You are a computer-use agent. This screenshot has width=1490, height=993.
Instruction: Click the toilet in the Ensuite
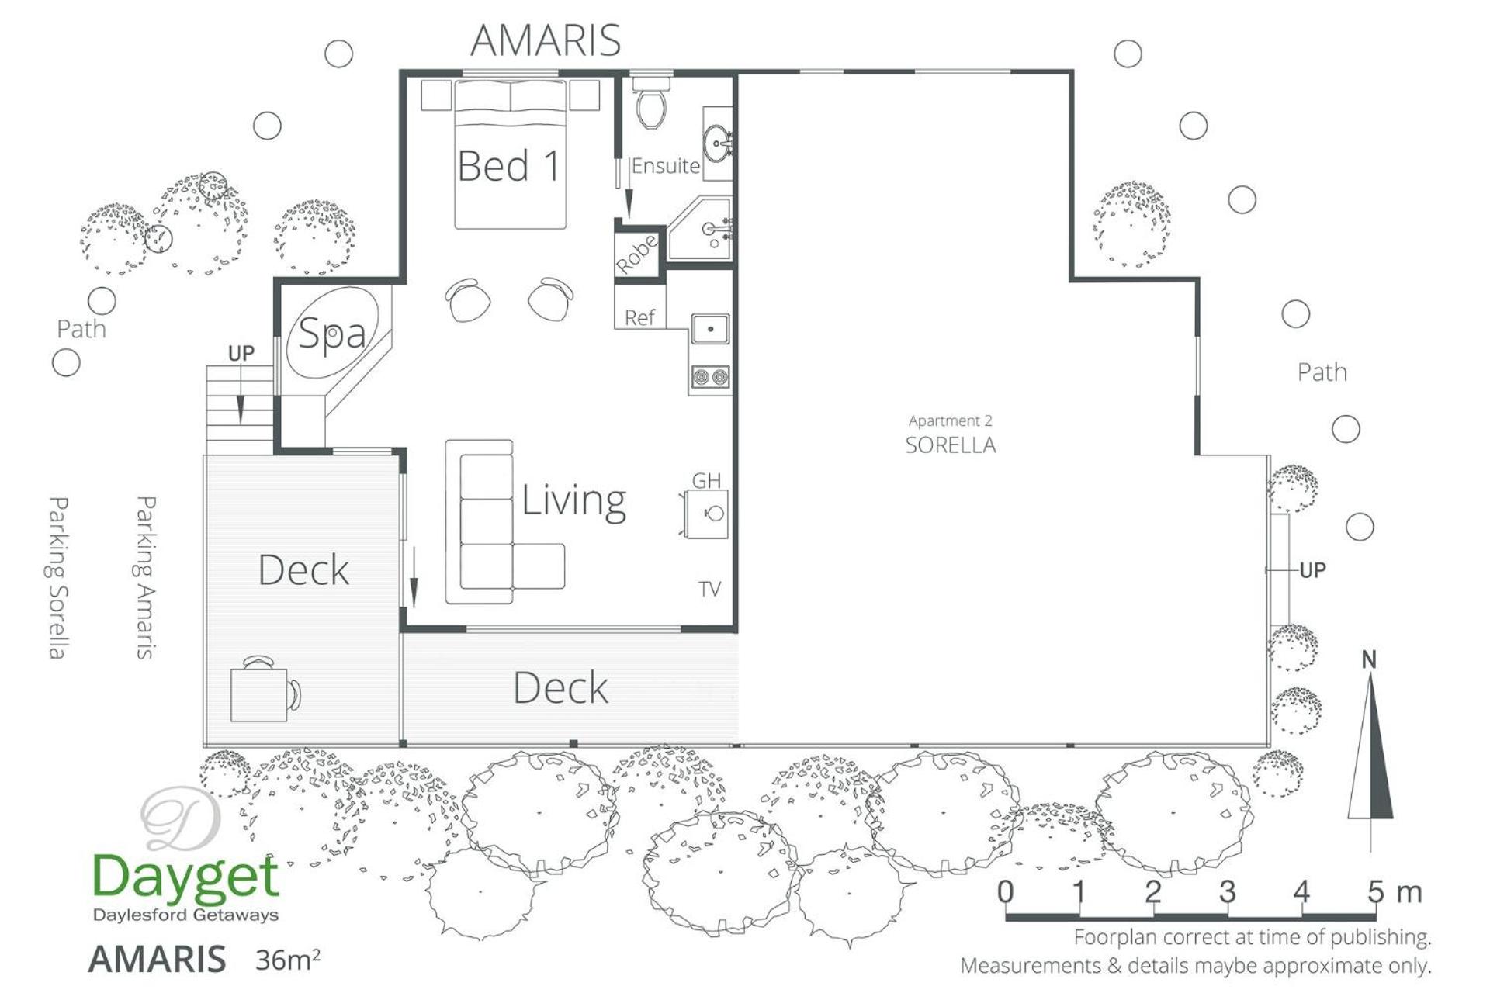pos(651,101)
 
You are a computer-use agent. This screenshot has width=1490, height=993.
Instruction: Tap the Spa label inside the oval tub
pos(332,334)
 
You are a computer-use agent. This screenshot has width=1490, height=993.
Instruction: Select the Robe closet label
pos(637,253)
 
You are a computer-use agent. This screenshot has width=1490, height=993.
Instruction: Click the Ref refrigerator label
pos(639,317)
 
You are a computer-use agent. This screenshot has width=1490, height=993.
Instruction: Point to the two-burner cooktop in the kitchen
pos(710,378)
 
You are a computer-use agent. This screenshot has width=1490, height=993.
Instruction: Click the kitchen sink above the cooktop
pos(710,328)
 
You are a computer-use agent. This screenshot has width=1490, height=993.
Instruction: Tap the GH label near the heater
pos(706,481)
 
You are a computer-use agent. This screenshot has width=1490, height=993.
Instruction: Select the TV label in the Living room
pos(710,590)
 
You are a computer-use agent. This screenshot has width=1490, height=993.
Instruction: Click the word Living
pos(573,501)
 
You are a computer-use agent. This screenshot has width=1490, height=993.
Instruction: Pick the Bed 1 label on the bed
pos(508,165)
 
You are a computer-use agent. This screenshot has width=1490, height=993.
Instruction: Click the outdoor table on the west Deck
pos(259,694)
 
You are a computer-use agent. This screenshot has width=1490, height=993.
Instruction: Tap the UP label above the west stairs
pos(241,353)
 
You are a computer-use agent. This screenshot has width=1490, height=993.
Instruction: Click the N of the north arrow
pos(1369,659)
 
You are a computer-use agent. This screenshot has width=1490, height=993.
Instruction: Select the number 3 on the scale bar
pos(1227,892)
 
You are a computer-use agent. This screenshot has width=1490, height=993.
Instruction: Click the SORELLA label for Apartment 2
pos(951,445)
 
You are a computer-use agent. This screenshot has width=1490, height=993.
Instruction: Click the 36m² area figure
pos(288,960)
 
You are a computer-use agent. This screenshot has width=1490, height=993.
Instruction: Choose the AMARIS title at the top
pos(546,40)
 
